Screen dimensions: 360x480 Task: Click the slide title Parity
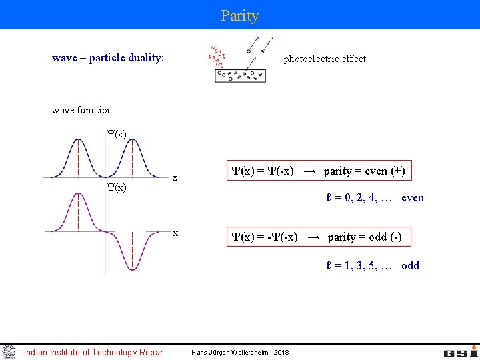[240, 15]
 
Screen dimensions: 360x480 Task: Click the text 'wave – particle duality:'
[108, 58]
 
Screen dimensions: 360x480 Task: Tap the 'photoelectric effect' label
[325, 59]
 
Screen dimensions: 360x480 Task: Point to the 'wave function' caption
[82, 110]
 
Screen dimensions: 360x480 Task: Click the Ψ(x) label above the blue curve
[117, 134]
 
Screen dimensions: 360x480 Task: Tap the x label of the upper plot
[175, 178]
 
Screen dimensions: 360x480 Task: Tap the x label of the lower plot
[175, 233]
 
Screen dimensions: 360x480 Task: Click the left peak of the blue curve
[78, 141]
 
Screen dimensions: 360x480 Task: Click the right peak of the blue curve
[132, 141]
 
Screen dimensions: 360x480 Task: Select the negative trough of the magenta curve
[132, 269]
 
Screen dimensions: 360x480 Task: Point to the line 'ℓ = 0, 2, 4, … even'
[375, 197]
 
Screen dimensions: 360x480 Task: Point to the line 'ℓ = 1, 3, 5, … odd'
[373, 265]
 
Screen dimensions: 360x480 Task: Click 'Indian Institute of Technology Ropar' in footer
[93, 352]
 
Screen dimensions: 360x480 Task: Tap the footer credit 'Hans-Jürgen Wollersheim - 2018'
[240, 352]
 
